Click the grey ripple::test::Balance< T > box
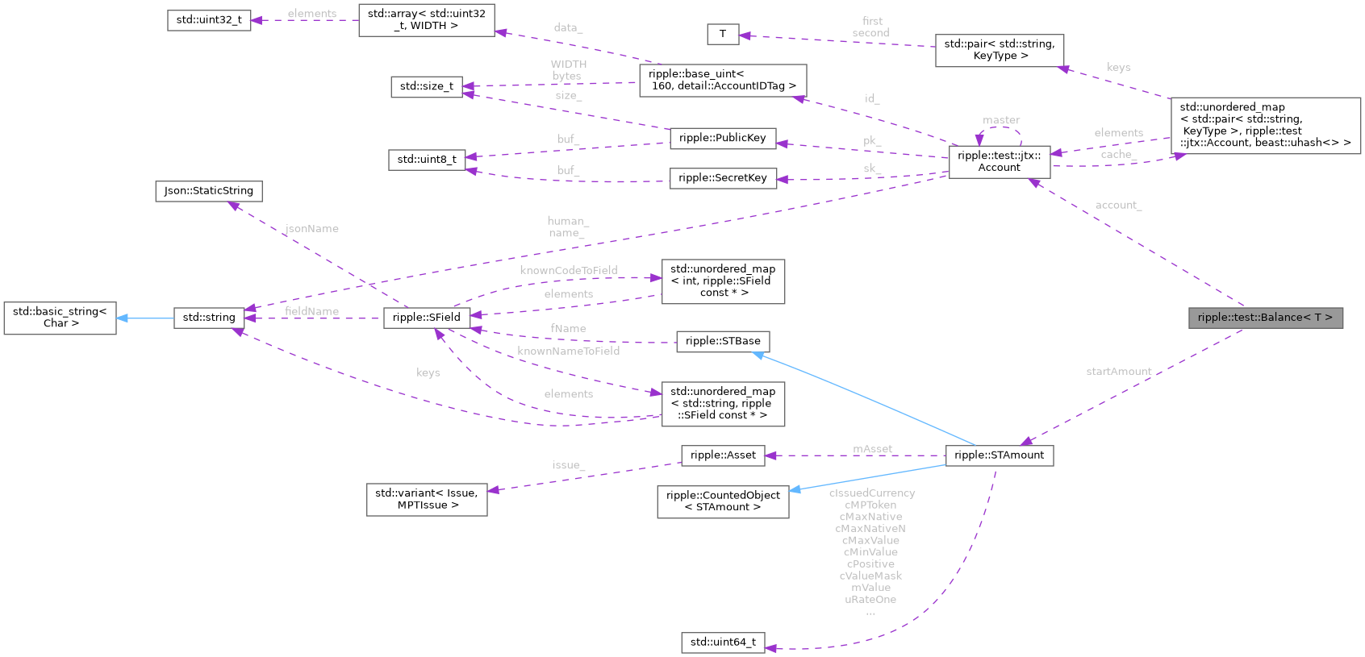click(1265, 318)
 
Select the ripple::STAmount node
click(999, 455)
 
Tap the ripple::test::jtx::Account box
click(999, 162)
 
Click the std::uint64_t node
click(723, 642)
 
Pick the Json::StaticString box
click(208, 191)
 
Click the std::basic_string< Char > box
click(60, 318)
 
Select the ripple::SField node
click(426, 318)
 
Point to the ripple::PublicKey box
click(722, 139)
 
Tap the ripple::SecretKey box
click(722, 178)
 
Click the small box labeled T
click(722, 34)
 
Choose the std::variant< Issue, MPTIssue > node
click(426, 500)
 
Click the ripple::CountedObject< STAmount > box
click(722, 501)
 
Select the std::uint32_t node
click(209, 20)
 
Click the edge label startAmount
click(1118, 372)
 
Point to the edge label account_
click(1118, 206)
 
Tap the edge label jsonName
click(311, 229)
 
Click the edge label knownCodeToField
click(568, 271)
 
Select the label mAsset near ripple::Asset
click(872, 449)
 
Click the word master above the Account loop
click(1001, 121)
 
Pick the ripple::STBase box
click(722, 342)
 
